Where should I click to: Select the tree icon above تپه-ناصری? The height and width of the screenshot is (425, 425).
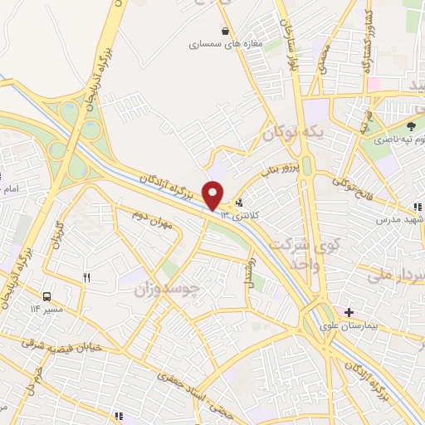(412, 126)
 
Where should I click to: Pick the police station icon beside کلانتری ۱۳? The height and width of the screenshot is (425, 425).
(240, 202)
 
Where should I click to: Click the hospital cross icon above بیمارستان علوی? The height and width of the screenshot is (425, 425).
(349, 313)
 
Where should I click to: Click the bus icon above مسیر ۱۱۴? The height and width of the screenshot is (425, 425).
(46, 296)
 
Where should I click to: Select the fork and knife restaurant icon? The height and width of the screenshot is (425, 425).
(86, 277)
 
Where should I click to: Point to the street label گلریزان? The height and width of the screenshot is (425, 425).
(58, 246)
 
